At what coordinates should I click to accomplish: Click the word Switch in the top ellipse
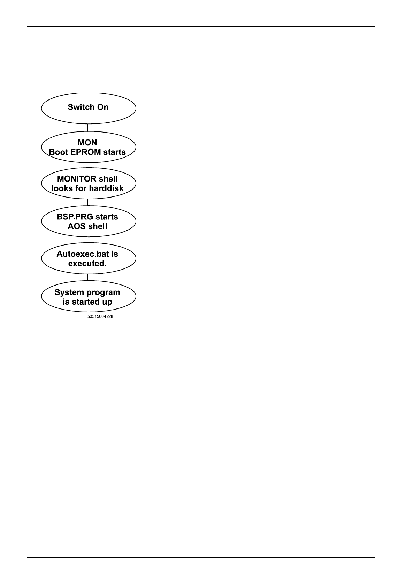click(80, 107)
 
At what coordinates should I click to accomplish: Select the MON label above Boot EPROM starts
click(88, 143)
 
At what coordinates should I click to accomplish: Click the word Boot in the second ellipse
click(58, 152)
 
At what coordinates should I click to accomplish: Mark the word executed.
click(87, 264)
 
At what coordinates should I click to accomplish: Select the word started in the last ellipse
click(85, 302)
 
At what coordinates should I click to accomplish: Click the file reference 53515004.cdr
click(100, 317)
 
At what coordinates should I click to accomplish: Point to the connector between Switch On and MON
click(87, 127)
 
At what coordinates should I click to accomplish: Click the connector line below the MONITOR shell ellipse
click(87, 202)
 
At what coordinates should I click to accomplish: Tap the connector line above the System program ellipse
click(87, 277)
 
